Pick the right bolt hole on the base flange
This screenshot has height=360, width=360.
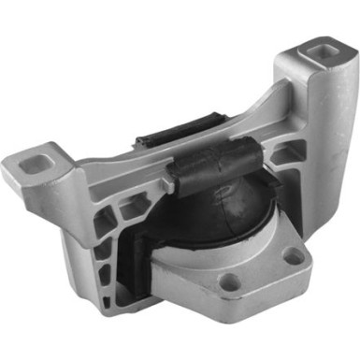coord(298,254)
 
